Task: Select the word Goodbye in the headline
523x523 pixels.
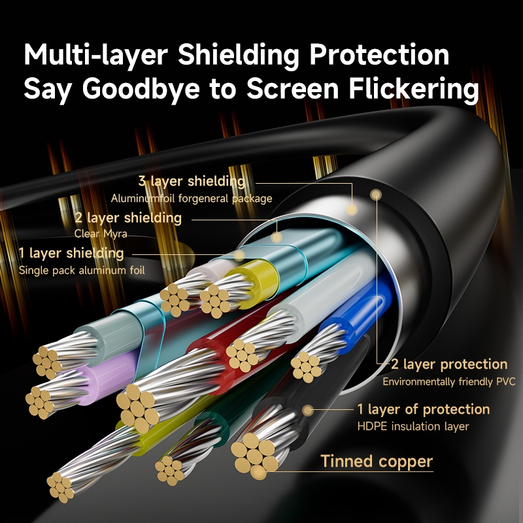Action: [x=141, y=89]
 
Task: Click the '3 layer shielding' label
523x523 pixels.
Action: [x=192, y=181]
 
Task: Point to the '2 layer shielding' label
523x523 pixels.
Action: [x=128, y=218]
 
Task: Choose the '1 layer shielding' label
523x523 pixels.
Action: [x=71, y=253]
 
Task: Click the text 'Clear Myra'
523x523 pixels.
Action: [x=101, y=234]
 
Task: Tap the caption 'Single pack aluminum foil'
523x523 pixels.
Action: [x=82, y=270]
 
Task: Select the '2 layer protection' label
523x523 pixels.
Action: [x=449, y=364]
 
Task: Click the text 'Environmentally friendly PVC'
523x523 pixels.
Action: [x=449, y=382]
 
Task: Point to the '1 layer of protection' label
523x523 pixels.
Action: [x=424, y=409]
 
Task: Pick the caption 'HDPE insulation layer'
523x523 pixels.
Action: [x=413, y=426]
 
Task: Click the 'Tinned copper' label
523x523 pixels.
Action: [x=377, y=462]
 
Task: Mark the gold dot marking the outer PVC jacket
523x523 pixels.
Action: [x=377, y=194]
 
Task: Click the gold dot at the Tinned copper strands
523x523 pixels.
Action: [x=258, y=471]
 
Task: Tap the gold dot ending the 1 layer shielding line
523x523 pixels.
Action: [x=239, y=256]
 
